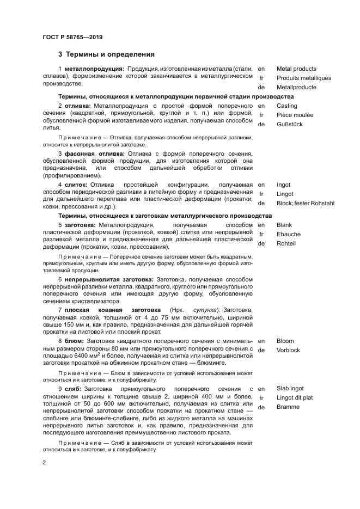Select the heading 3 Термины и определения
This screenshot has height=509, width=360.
(106, 54)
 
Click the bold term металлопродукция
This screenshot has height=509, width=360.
(95, 69)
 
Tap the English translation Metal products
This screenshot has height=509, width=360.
(296, 69)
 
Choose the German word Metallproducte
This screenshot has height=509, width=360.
(296, 87)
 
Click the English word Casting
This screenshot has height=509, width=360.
(287, 106)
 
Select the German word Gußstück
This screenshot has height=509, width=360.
(289, 124)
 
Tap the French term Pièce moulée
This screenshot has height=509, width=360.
(295, 115)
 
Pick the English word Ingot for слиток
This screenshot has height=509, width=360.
(284, 185)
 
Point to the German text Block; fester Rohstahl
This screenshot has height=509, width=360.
(305, 203)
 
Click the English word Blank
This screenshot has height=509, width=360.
(284, 225)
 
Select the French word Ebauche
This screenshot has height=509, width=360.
(288, 234)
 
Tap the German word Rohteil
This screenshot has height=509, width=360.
(286, 243)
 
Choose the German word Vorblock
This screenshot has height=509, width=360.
(288, 350)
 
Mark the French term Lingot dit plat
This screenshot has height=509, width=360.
(295, 398)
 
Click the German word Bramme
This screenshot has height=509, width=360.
(288, 407)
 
